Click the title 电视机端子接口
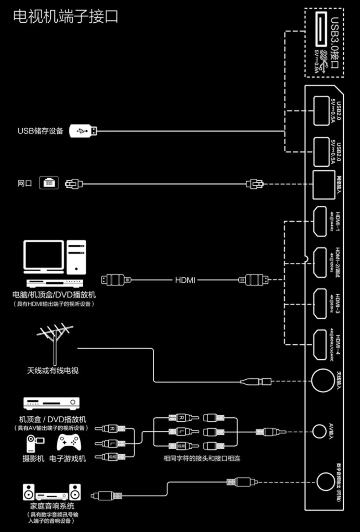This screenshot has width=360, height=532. (66, 17)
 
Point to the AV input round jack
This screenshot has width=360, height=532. (319, 432)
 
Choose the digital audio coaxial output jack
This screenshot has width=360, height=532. (325, 482)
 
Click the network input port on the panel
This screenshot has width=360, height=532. (323, 184)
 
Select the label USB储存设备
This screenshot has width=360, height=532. (40, 131)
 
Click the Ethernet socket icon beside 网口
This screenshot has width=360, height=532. (49, 183)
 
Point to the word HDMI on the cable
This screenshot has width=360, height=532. (185, 280)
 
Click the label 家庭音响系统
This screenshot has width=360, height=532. (52, 506)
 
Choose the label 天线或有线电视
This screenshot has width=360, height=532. (53, 371)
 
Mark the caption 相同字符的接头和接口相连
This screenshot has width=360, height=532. (202, 458)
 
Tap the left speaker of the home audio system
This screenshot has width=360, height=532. (29, 492)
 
